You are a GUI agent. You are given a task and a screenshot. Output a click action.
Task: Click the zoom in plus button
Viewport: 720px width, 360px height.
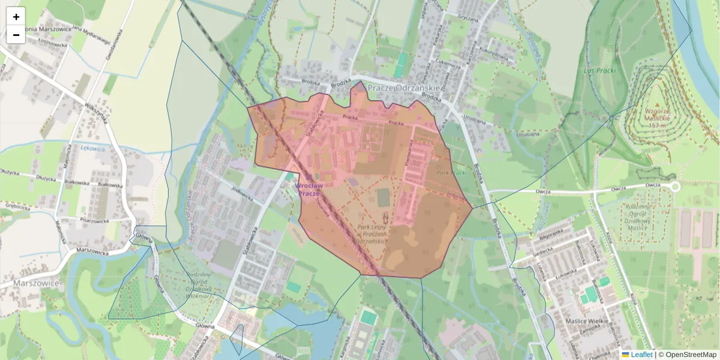pos(16,17)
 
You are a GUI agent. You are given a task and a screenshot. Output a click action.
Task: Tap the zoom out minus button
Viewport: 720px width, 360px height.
pos(16,35)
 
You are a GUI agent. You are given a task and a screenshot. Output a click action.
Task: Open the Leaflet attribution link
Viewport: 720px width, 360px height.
pos(641,355)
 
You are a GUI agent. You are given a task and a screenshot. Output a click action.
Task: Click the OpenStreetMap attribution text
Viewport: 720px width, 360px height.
pos(691,355)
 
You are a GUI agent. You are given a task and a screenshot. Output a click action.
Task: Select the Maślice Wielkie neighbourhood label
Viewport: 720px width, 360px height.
pos(588,322)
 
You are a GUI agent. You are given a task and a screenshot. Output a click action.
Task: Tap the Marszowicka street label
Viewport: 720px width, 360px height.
pos(83,250)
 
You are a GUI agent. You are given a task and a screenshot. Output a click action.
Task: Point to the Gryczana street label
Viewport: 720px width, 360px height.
pos(467,18)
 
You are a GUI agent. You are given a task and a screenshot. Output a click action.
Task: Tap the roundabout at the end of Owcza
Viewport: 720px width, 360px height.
pos(674,187)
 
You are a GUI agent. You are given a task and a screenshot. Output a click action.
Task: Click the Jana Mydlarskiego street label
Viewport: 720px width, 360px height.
pos(92,35)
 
